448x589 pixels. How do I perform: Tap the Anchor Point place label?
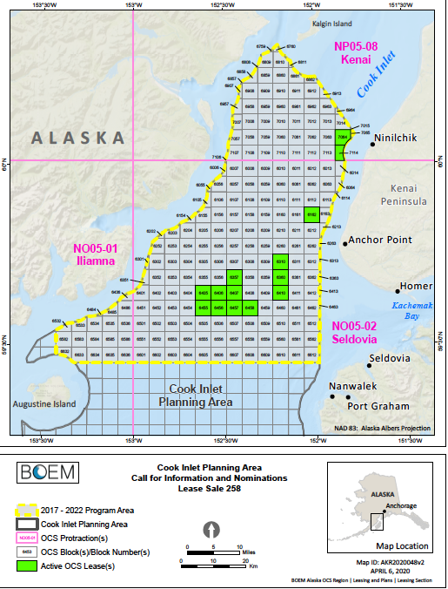379,241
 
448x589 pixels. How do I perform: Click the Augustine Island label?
43,404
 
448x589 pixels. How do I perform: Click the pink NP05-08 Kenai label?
359,52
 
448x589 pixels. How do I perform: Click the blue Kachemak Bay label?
412,311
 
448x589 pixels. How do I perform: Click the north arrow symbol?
210,531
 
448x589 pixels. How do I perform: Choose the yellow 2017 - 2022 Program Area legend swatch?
30,510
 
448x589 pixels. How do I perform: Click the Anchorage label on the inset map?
399,506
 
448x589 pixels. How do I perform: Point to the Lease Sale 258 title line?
204,488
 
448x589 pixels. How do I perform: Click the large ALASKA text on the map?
79,137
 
